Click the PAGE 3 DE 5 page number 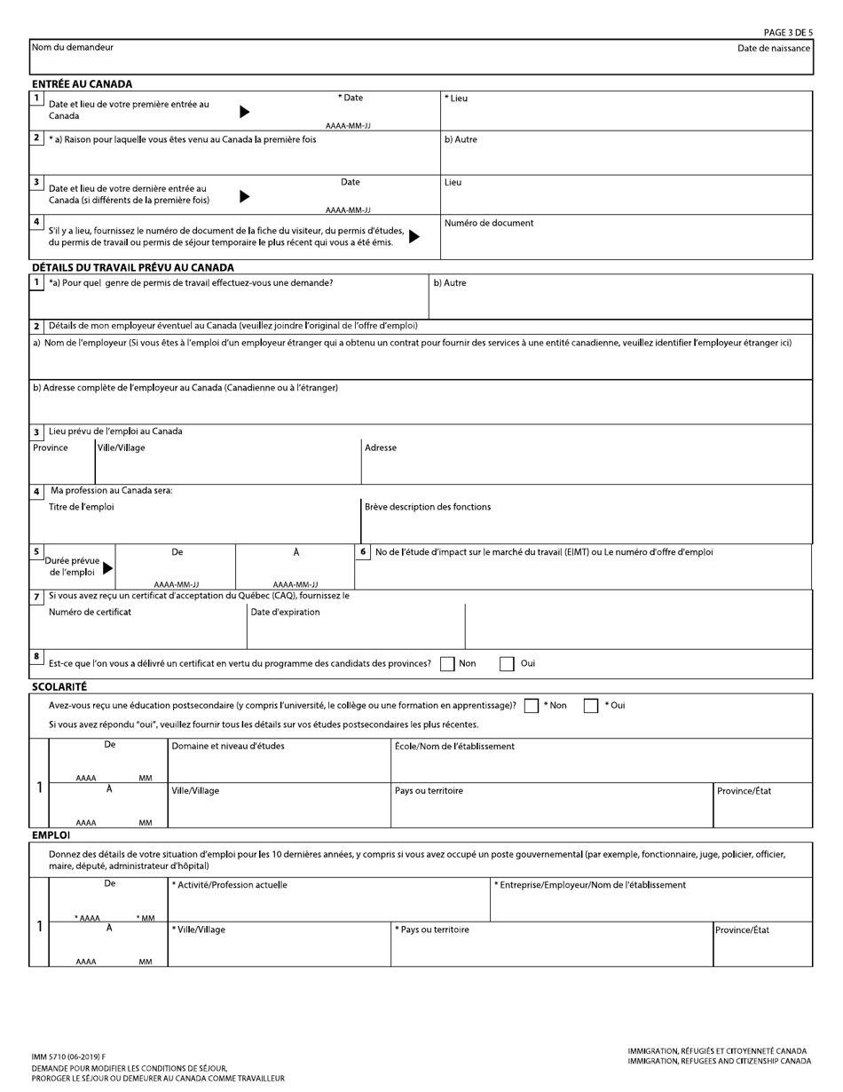787,33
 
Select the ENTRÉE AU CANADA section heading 82,84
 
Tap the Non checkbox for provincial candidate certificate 447,663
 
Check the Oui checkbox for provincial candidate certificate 507,663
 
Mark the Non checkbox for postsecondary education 531,706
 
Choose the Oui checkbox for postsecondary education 590,706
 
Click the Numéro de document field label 489,224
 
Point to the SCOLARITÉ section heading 59,686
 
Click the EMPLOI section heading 51,835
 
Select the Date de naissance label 773,48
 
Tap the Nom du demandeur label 73,47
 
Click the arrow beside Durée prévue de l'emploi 108,568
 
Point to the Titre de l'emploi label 81,507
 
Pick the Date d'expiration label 285,613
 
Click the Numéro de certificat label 90,613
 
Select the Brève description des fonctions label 428,507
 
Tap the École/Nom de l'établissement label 454,747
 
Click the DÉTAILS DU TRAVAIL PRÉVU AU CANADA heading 133,267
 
